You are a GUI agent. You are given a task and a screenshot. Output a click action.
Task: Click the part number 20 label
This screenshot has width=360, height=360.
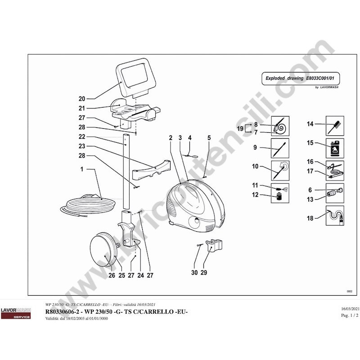pos(81,99)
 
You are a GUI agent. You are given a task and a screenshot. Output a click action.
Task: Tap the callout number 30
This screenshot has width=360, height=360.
pos(194,273)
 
